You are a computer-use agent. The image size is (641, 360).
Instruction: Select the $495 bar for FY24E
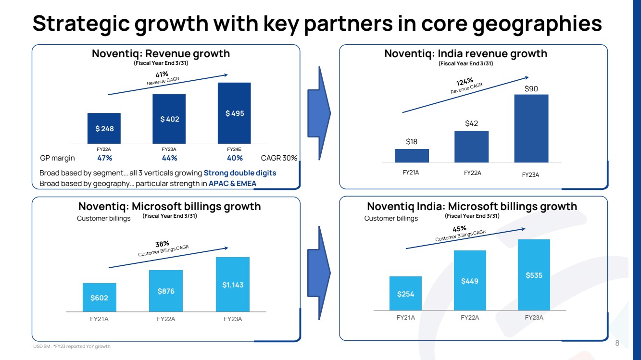coord(234,113)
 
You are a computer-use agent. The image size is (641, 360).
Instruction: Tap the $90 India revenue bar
coord(531,128)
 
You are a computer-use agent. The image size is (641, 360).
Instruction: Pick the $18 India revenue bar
coord(412,156)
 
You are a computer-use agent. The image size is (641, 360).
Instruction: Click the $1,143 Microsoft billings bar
coord(233,285)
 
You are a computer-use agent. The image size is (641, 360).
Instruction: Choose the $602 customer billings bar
coord(99,298)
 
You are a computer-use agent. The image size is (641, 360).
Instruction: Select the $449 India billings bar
coord(470,280)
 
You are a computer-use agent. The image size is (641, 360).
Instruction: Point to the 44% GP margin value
coord(169,158)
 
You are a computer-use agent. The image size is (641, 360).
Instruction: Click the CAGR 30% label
coord(279,158)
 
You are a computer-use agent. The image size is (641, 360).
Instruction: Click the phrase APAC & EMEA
coord(232,183)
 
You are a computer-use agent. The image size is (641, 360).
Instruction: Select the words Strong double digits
coord(240,173)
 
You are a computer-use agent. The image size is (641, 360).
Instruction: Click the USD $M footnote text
coord(71,347)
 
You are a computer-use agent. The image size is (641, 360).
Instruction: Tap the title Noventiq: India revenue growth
coord(465,53)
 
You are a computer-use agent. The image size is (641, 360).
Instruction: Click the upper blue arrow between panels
coord(321,113)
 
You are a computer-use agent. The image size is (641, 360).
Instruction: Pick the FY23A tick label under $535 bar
coord(534,317)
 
